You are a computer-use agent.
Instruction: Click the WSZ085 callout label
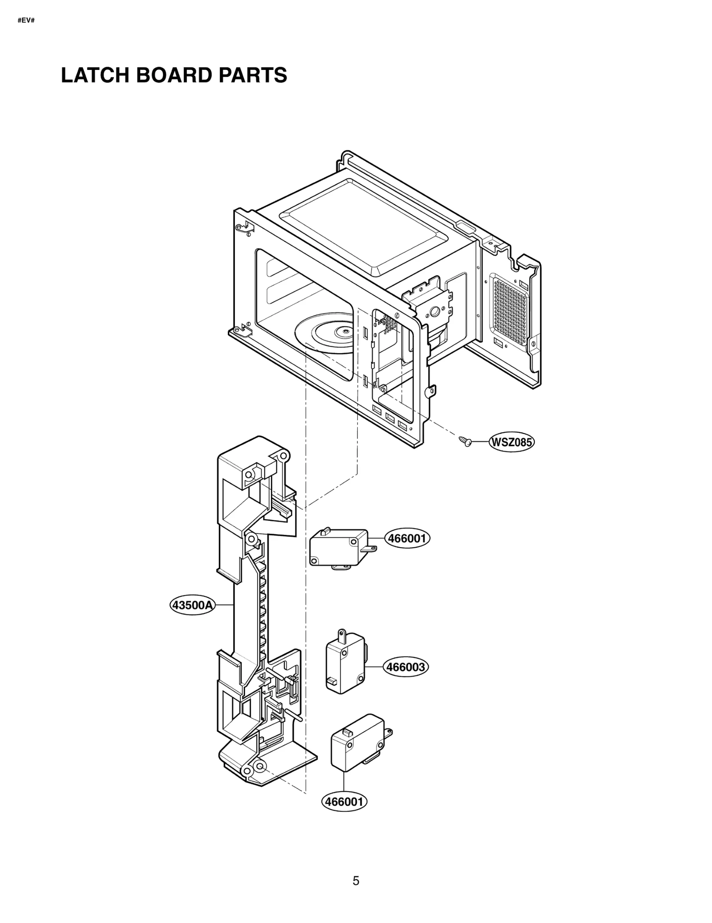511,443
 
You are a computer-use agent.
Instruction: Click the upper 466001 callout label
407,539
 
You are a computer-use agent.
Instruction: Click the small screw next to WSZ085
465,441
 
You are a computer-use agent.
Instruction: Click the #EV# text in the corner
26,21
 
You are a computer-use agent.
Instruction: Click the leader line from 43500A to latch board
225,605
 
